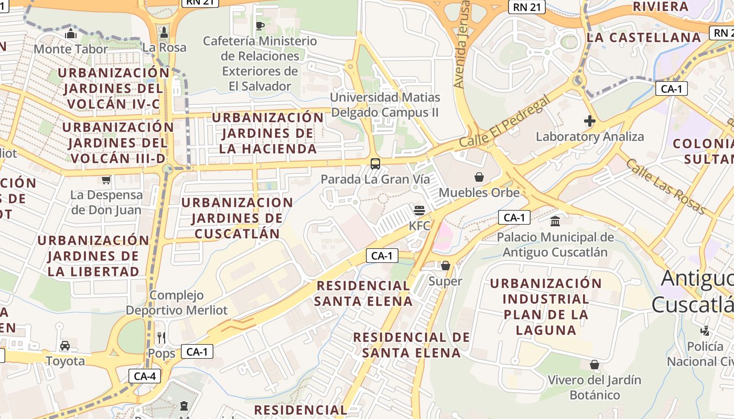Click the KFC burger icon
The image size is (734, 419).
pos(419,211)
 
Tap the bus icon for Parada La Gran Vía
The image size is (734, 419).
pos(375,163)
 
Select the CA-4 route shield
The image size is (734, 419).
pos(144,376)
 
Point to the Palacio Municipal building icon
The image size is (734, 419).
pos(555,221)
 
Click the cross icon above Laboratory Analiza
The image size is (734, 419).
pos(589,122)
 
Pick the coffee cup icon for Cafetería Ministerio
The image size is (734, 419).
pos(260,25)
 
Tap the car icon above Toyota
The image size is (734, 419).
pos(65,345)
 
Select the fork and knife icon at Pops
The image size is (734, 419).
pos(161,338)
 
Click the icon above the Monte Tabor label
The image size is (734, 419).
pos(71,34)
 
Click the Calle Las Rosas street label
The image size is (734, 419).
pos(666,186)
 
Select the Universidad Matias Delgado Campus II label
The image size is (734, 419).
pos(385,105)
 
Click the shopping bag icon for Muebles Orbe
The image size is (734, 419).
pos(479,177)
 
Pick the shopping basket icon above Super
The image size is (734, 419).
pos(445,266)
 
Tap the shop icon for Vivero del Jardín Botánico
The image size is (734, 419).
pos(595,364)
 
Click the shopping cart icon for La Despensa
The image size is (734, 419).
pos(106,180)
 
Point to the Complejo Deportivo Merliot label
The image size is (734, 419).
pos(177,303)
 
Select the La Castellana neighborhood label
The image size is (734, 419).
pos(644,38)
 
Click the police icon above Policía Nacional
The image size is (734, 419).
pos(705,330)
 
